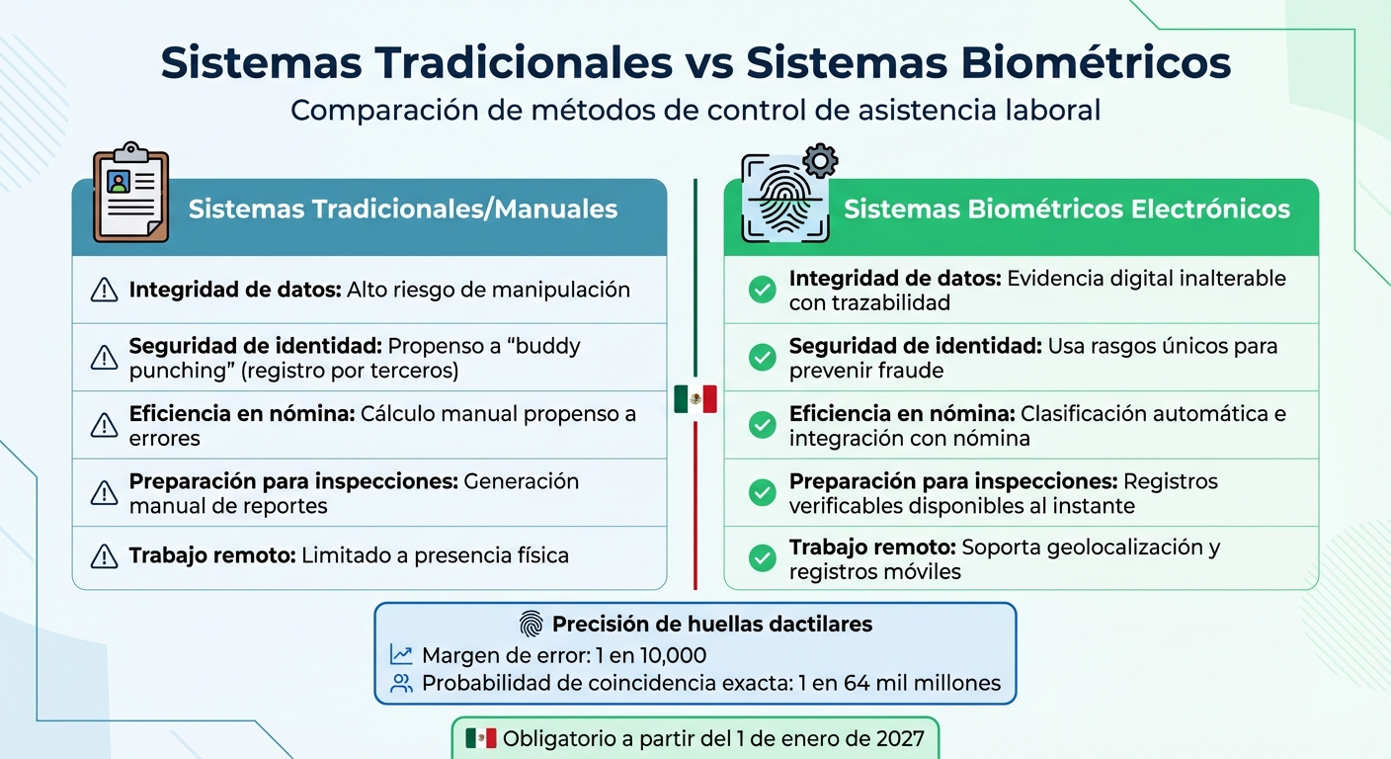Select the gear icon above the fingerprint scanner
point(820,160)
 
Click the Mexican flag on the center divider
point(695,399)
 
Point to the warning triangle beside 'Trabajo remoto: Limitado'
point(104,556)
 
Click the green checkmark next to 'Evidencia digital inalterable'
point(762,291)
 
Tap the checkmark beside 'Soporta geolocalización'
point(762,559)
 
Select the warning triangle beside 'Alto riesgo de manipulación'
point(104,291)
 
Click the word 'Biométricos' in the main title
point(1073,62)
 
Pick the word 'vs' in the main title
point(707,62)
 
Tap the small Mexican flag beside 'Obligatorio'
point(481,738)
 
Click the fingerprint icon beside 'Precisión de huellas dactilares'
point(531,625)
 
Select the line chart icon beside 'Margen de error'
point(401,655)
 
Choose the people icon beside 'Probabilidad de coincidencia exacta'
point(401,683)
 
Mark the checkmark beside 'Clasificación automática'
point(762,425)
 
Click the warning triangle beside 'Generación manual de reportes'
point(104,492)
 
